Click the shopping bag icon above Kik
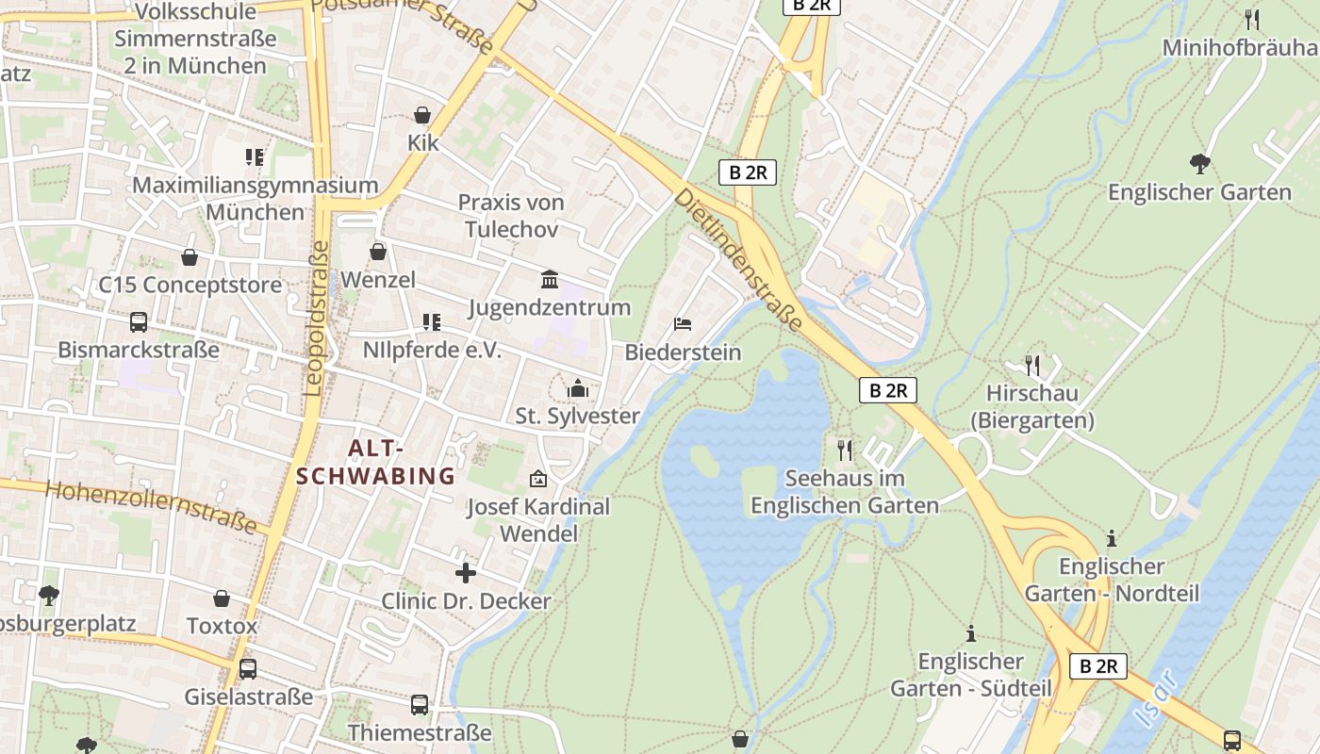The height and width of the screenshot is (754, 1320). (x=422, y=115)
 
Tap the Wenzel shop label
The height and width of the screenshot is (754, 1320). (x=378, y=280)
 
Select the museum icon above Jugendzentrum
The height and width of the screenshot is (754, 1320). (x=550, y=279)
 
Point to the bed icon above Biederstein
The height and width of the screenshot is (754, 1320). (x=683, y=324)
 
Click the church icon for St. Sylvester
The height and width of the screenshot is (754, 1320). (x=577, y=388)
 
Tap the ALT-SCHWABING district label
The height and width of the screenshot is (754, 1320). (x=375, y=462)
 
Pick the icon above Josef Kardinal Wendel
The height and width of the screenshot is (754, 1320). (x=538, y=479)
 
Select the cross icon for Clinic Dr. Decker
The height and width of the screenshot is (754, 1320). (x=465, y=573)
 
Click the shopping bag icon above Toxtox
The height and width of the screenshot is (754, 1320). (x=222, y=598)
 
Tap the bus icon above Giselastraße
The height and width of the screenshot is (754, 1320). (x=248, y=669)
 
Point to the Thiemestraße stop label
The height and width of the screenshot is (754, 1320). (x=420, y=732)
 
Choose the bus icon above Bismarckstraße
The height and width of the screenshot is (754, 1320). (x=139, y=322)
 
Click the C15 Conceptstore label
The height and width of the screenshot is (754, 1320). (x=190, y=285)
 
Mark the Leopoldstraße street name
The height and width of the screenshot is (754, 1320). (x=317, y=318)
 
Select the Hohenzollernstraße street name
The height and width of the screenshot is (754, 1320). (x=151, y=506)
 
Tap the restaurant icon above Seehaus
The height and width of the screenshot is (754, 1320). (x=845, y=451)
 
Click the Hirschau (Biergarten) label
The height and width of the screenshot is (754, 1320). (x=1032, y=406)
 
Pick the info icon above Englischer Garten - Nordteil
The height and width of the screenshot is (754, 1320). (x=1112, y=539)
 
